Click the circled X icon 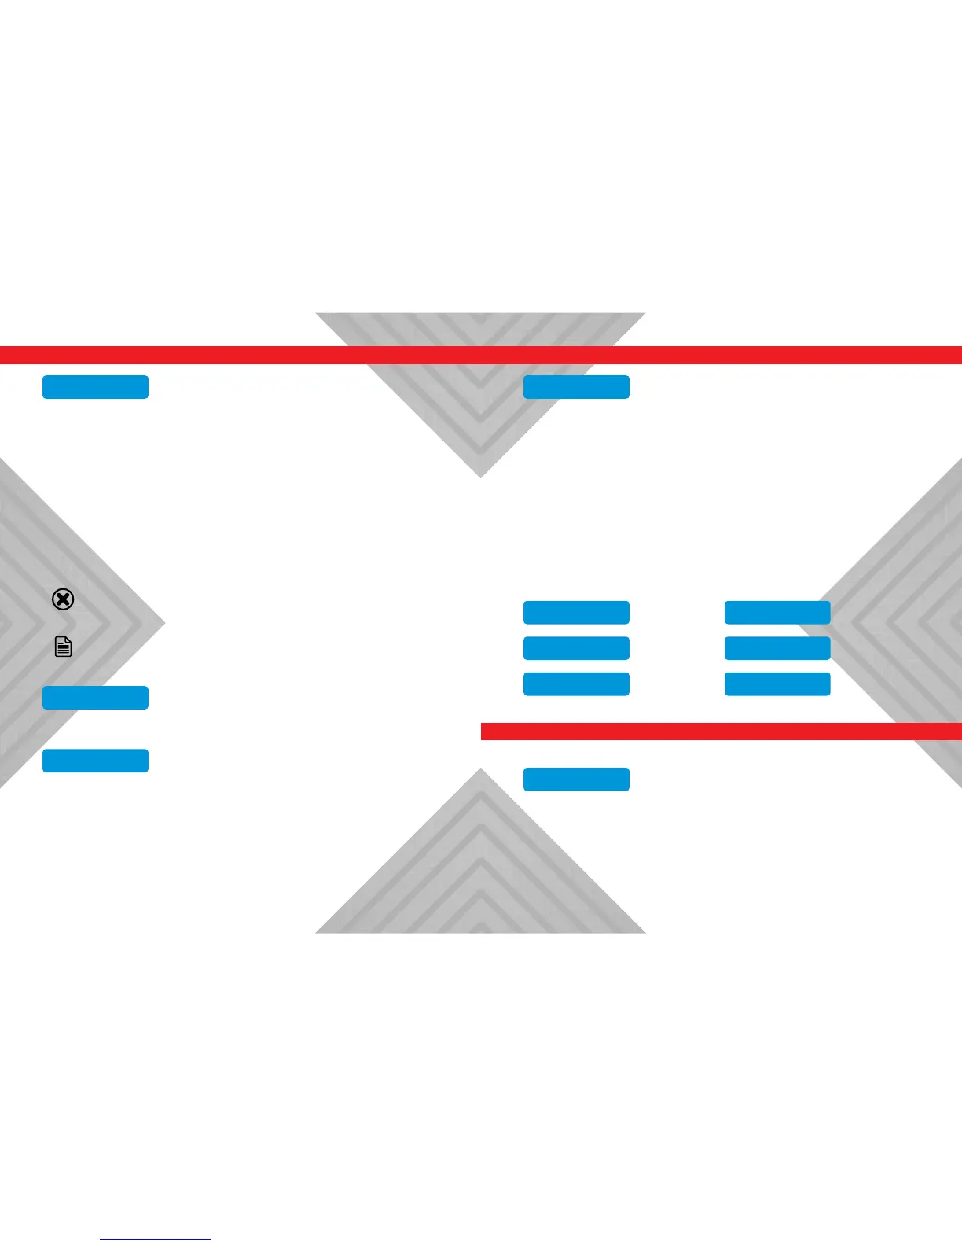point(63,599)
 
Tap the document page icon point(63,647)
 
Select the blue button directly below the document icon point(95,698)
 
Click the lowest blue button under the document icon point(95,761)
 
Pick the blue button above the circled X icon point(95,387)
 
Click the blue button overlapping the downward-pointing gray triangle point(576,387)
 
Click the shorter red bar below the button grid point(721,732)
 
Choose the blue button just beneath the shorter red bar point(576,779)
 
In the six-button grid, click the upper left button point(576,612)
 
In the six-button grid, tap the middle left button point(576,648)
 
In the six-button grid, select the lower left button point(576,684)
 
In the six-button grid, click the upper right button point(777,612)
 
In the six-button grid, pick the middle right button point(777,648)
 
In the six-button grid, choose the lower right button point(777,684)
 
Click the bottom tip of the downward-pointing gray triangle point(481,476)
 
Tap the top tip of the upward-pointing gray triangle point(481,770)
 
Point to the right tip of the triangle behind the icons point(163,624)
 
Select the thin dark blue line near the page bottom point(156,1240)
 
